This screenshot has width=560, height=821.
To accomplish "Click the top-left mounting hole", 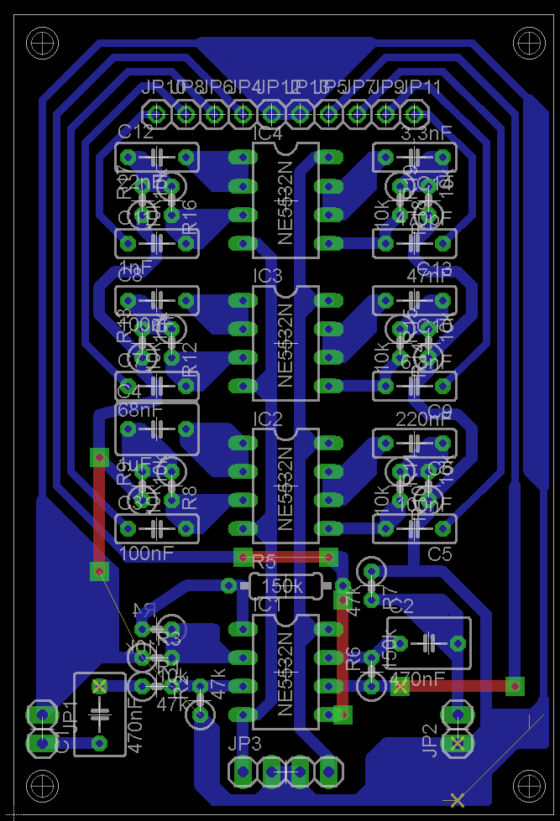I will point(43,41).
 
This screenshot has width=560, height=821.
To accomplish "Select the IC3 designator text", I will point(268,276).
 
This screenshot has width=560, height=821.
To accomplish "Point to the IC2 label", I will point(268,418).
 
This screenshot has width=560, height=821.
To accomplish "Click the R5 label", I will point(264,560).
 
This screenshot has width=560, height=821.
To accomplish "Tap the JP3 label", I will point(244,743).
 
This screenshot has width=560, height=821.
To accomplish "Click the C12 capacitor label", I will point(135,132).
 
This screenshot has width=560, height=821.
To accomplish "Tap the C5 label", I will point(440,554).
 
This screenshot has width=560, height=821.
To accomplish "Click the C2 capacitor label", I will point(402,605).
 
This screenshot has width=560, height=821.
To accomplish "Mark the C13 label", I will point(434,268).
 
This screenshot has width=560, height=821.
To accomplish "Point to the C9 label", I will point(440,411).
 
